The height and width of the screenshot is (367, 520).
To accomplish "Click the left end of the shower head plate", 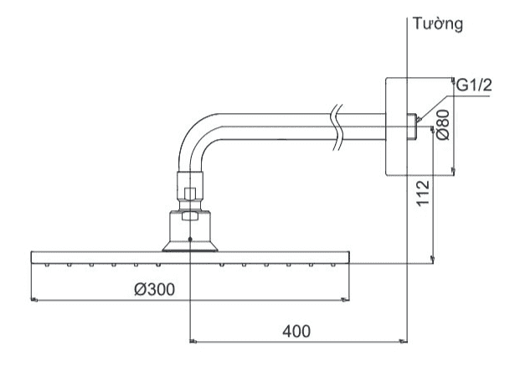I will click(34, 256).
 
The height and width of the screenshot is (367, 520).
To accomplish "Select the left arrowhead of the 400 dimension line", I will click(195, 341).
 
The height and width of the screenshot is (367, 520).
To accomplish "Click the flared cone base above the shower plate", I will click(191, 243).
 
